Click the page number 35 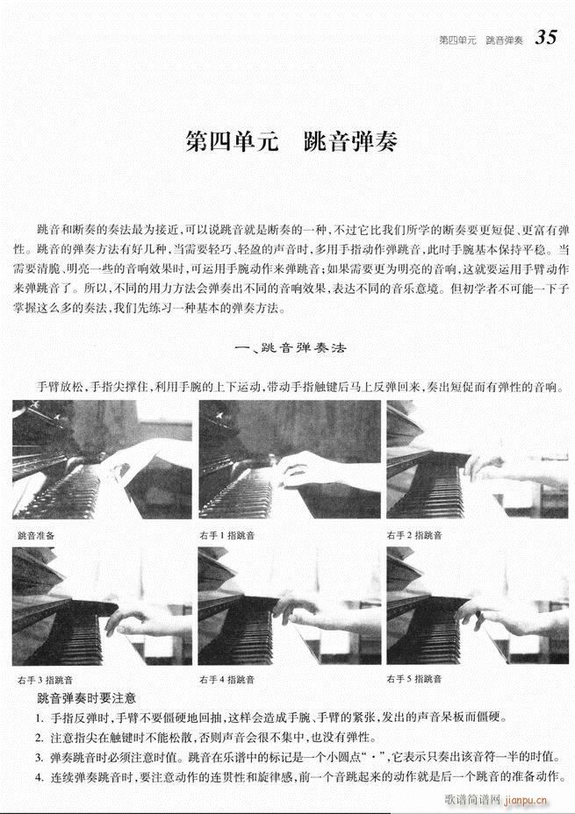[x=546, y=38]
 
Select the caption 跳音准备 [x=36, y=535]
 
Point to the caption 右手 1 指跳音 [x=226, y=535]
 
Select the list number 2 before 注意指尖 [x=40, y=737]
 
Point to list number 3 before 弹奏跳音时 [x=40, y=756]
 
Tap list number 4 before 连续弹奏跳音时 [x=40, y=775]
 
